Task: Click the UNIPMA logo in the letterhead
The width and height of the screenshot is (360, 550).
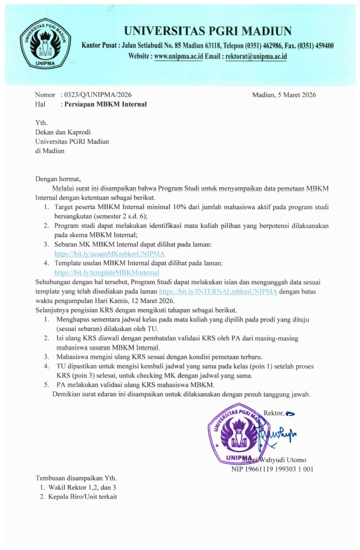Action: [45, 43]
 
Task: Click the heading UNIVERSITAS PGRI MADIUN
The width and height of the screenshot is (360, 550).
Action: [208, 31]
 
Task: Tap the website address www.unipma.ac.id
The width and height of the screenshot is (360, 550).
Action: [178, 56]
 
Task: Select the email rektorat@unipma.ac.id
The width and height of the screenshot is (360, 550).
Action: [256, 56]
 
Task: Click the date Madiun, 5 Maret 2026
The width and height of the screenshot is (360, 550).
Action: [284, 95]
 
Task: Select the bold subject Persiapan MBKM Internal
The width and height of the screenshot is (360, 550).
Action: [106, 104]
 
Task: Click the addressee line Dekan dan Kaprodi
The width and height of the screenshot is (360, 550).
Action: [63, 132]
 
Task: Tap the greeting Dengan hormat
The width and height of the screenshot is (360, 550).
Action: [58, 179]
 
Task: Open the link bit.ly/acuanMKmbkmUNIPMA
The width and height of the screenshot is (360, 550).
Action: [109, 254]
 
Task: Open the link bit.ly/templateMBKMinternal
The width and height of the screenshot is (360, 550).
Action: [107, 272]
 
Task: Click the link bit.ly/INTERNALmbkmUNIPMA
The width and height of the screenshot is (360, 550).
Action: [218, 291]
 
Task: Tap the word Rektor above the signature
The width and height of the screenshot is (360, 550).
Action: [273, 413]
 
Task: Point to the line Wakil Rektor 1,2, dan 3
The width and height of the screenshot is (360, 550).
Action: [82, 487]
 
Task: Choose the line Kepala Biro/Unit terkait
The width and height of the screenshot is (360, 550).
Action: [83, 496]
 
